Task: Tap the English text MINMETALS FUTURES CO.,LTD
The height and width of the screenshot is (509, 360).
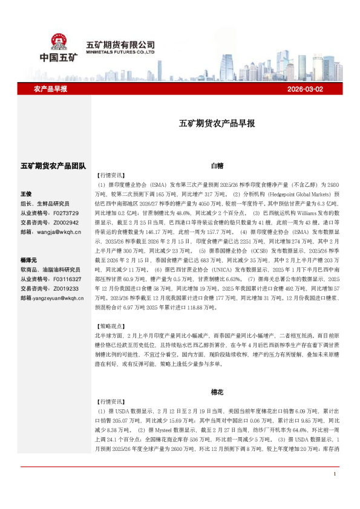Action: pyautogui.click(x=121, y=52)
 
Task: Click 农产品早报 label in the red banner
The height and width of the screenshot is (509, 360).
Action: pyautogui.click(x=50, y=89)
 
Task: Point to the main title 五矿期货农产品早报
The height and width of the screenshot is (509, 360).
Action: pyautogui.click(x=217, y=123)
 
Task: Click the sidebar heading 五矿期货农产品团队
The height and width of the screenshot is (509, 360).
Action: pyautogui.click(x=53, y=165)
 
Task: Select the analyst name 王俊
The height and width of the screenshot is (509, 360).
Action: pyautogui.click(x=26, y=193)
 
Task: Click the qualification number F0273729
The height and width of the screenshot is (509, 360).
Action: pyautogui.click(x=66, y=213)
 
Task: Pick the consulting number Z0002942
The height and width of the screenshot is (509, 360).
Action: pyautogui.click(x=66, y=222)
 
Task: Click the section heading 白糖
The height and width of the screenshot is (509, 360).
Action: pyautogui.click(x=217, y=164)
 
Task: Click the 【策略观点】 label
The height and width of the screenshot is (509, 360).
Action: pyautogui.click(x=110, y=325)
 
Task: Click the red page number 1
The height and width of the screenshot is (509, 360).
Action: pyautogui.click(x=334, y=491)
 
